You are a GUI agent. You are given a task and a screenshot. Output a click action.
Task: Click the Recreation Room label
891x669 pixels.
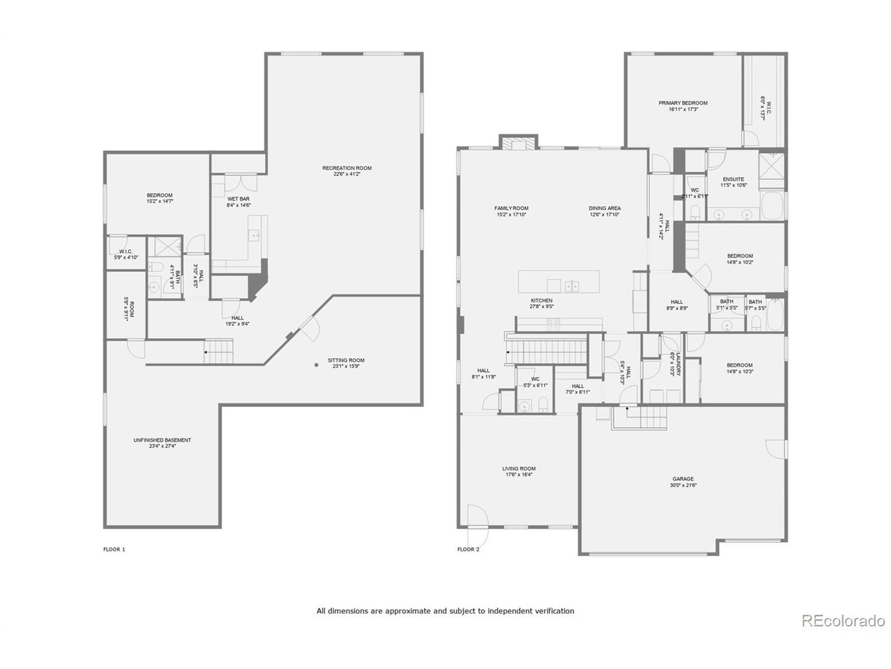click(347, 168)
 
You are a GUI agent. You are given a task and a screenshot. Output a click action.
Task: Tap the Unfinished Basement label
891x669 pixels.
click(161, 440)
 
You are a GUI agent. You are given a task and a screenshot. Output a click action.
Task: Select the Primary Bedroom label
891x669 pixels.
click(683, 103)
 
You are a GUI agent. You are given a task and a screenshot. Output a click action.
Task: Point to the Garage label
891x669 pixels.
click(682, 479)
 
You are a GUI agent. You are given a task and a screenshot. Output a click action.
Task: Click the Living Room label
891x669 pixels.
click(519, 468)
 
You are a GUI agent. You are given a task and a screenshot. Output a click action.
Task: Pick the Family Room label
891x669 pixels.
click(511, 208)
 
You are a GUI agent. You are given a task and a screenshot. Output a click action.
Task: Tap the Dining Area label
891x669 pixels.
click(604, 208)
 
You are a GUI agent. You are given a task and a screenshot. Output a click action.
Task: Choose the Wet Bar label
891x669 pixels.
click(238, 199)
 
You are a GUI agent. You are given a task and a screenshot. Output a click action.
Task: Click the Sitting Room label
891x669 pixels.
click(346, 360)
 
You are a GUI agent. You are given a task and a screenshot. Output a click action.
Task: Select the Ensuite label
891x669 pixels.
click(733, 179)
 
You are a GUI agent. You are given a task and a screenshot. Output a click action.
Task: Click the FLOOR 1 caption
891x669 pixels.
click(114, 549)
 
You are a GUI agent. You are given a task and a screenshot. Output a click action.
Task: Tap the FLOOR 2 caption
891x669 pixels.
click(468, 549)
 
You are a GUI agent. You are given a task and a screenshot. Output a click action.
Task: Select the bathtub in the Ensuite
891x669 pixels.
click(773, 208)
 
